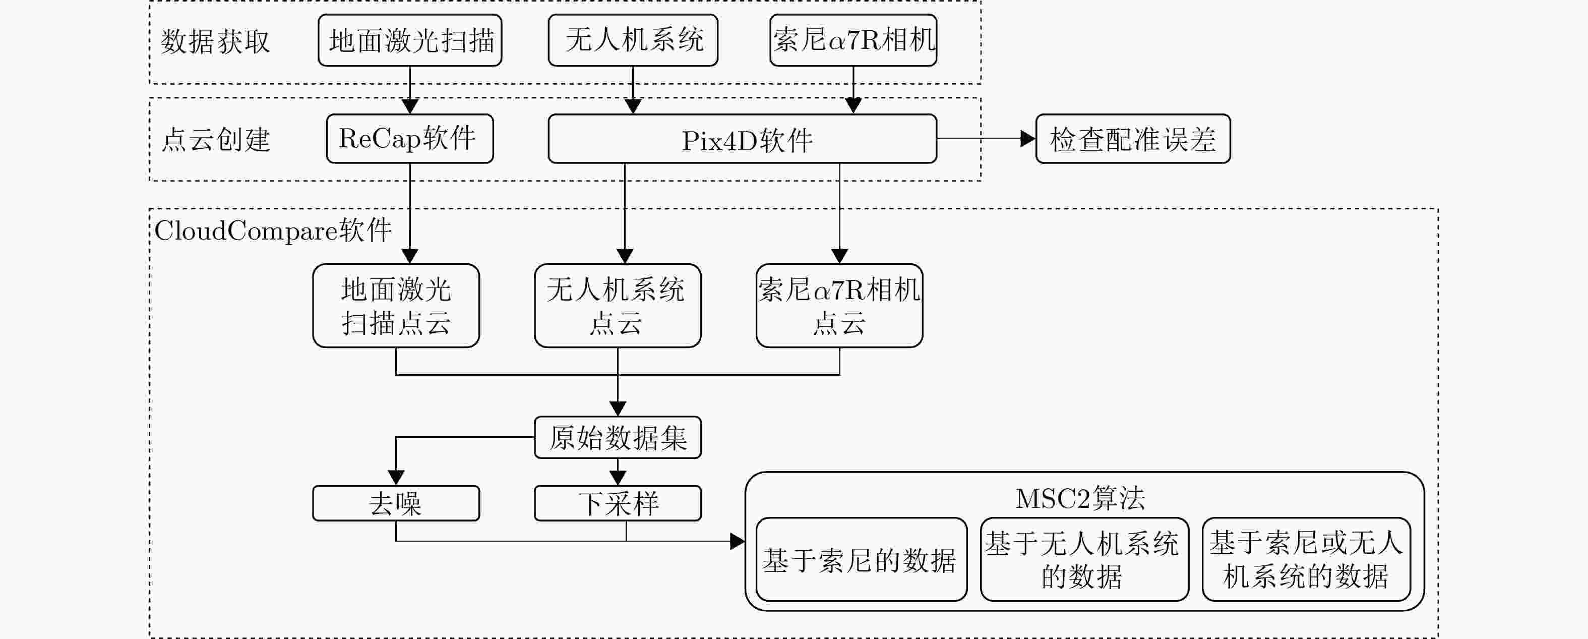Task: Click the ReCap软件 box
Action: click(x=410, y=139)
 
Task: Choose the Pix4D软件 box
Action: click(x=742, y=139)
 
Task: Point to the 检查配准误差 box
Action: click(x=1133, y=139)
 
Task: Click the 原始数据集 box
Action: click(x=618, y=438)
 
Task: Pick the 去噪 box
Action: click(x=396, y=503)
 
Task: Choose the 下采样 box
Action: click(x=618, y=503)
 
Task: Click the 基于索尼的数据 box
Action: click(x=861, y=559)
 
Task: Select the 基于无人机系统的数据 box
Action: click(x=1084, y=559)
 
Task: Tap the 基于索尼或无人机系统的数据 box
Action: click(x=1306, y=559)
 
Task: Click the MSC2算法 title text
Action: click(x=1080, y=498)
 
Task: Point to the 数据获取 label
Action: click(x=215, y=42)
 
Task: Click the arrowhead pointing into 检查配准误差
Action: click(x=1027, y=139)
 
